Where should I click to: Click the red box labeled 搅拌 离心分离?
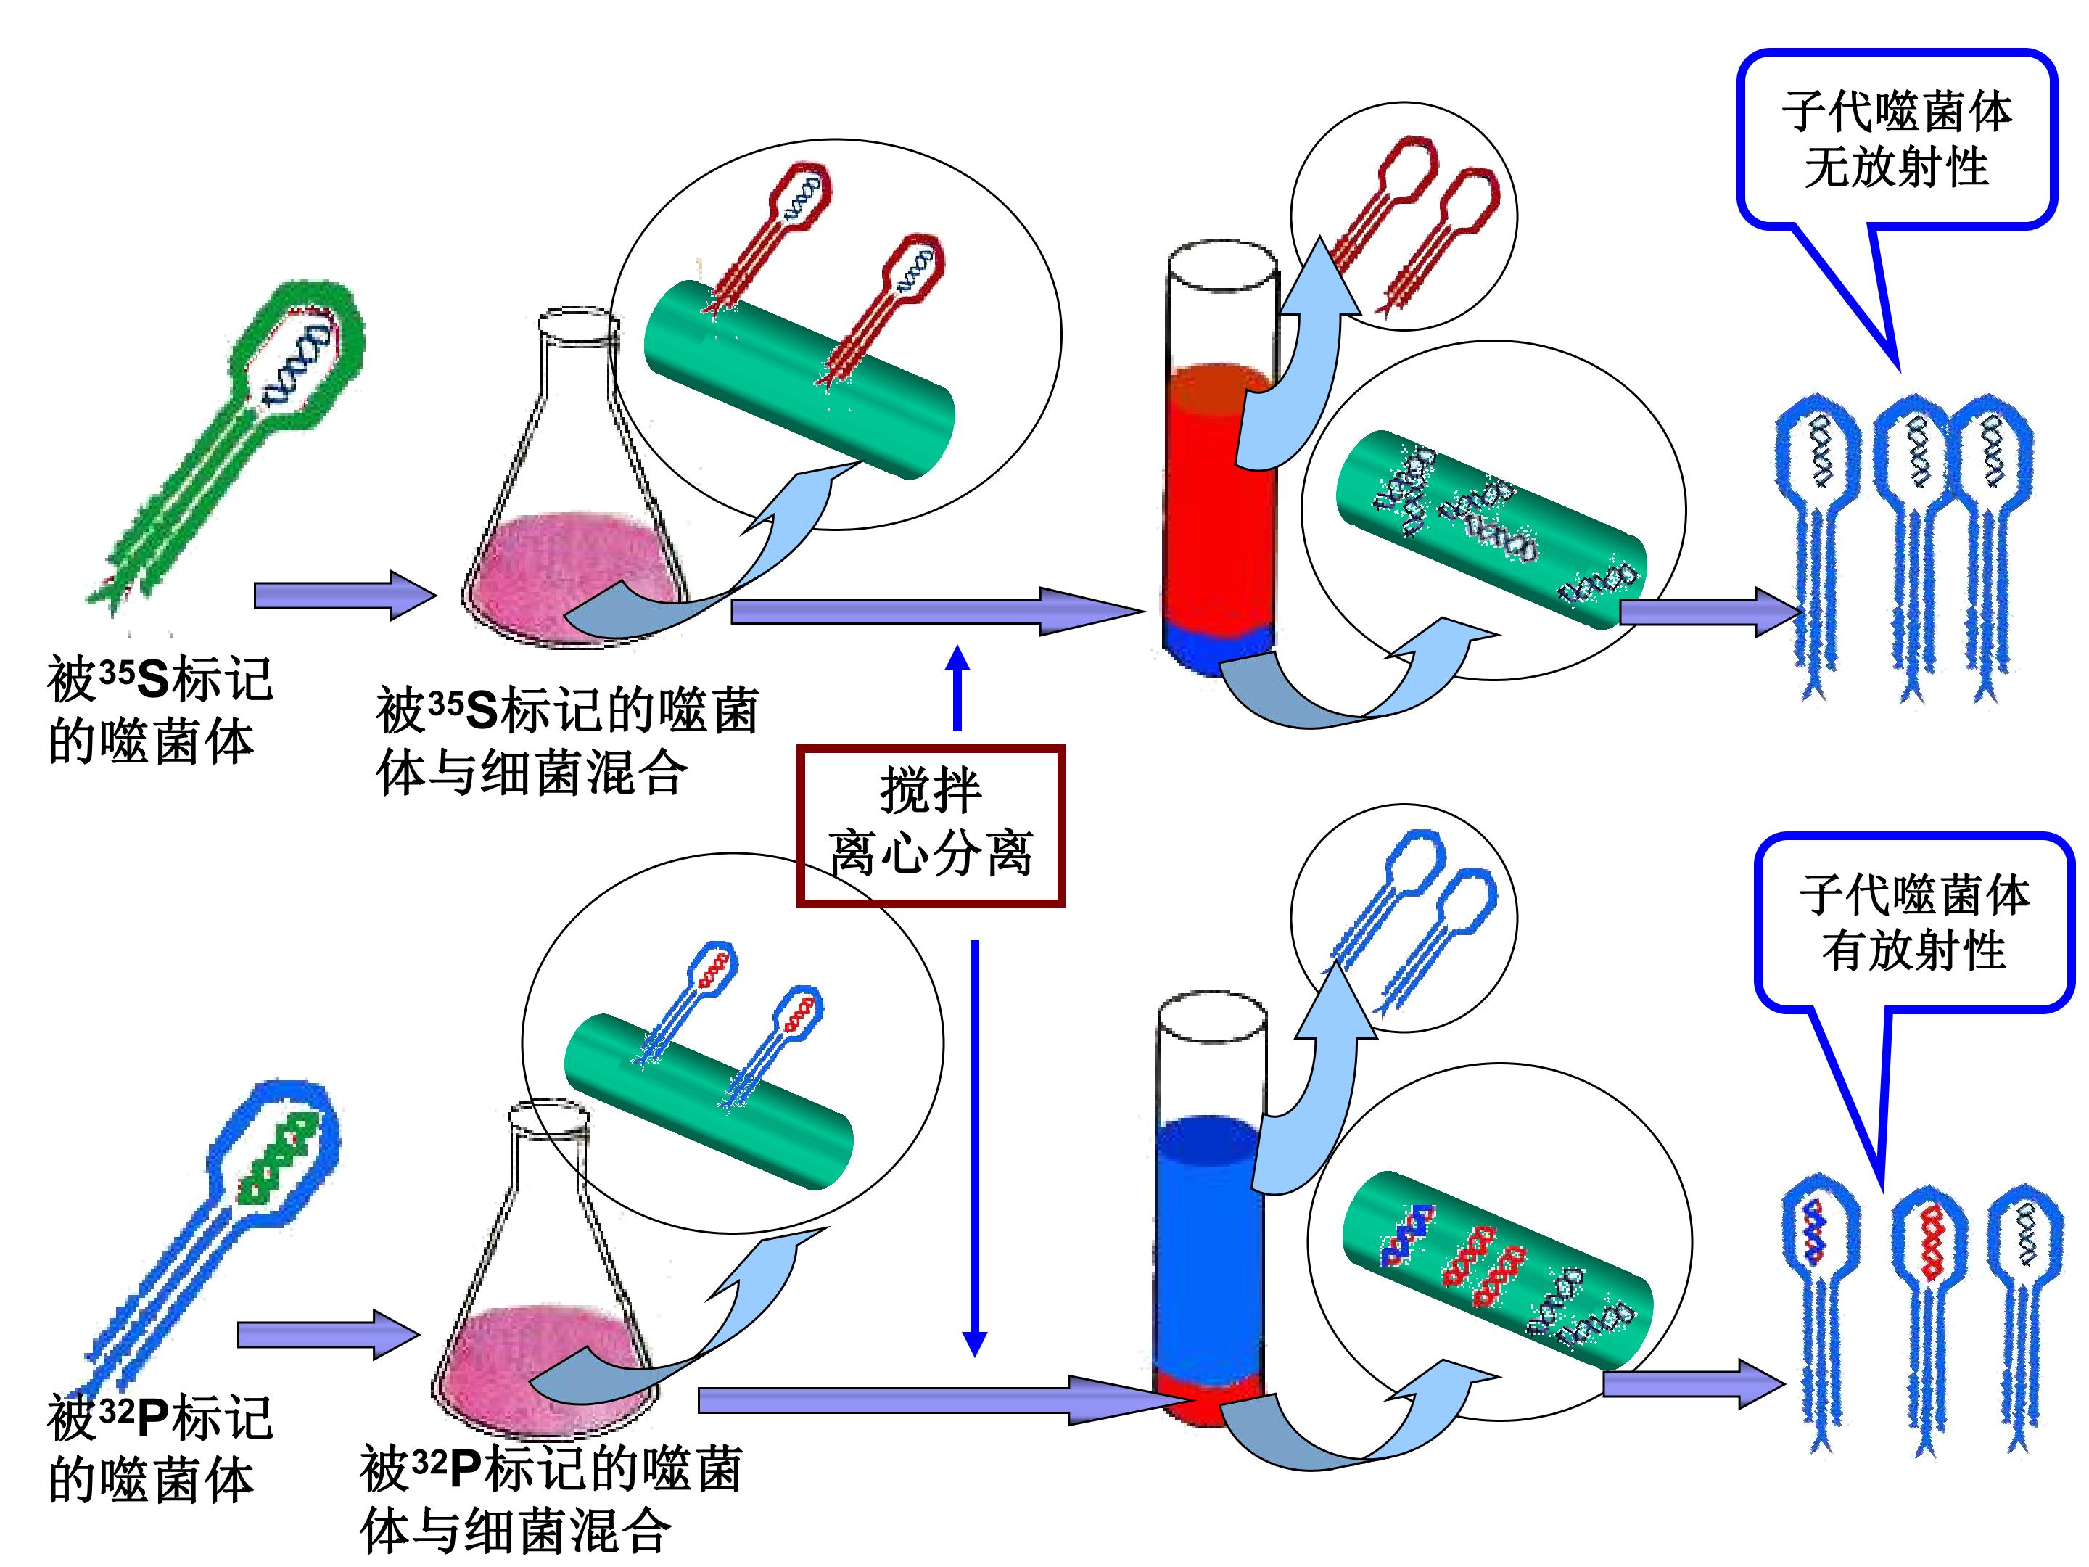point(931,826)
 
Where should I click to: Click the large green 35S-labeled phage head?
point(297,356)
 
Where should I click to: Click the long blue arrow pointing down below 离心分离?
point(975,1148)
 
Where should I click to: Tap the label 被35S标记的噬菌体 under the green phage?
point(160,710)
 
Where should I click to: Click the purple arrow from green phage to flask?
point(345,595)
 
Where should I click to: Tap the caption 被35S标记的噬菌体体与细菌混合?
point(566,742)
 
